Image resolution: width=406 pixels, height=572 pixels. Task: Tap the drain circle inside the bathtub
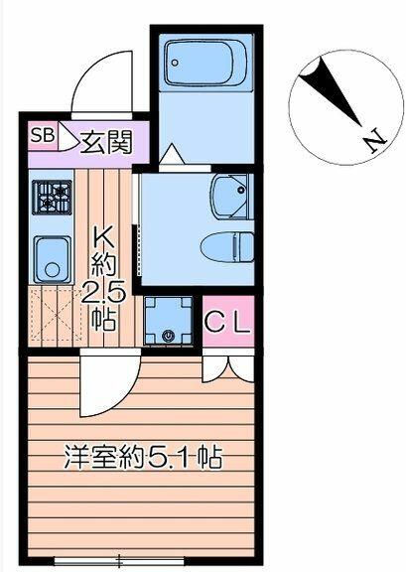(x=175, y=63)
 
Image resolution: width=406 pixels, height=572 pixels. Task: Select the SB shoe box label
(x=43, y=135)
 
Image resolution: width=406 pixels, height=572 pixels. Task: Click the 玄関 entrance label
(x=106, y=142)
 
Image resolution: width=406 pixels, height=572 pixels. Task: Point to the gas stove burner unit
(x=51, y=198)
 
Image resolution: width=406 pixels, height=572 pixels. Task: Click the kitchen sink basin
(x=53, y=259)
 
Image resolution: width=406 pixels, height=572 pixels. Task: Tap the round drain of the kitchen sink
(x=53, y=269)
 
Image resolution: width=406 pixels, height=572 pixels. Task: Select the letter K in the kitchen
(x=102, y=235)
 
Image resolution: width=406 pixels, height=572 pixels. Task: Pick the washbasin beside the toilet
(x=232, y=197)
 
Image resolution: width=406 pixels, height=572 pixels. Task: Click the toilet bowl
(x=228, y=247)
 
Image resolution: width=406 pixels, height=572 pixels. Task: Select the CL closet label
(x=228, y=322)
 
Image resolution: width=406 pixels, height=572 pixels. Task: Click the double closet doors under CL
(x=228, y=368)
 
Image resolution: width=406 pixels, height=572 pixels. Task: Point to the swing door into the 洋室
(x=110, y=382)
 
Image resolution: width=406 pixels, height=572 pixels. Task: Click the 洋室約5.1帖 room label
(x=143, y=456)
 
